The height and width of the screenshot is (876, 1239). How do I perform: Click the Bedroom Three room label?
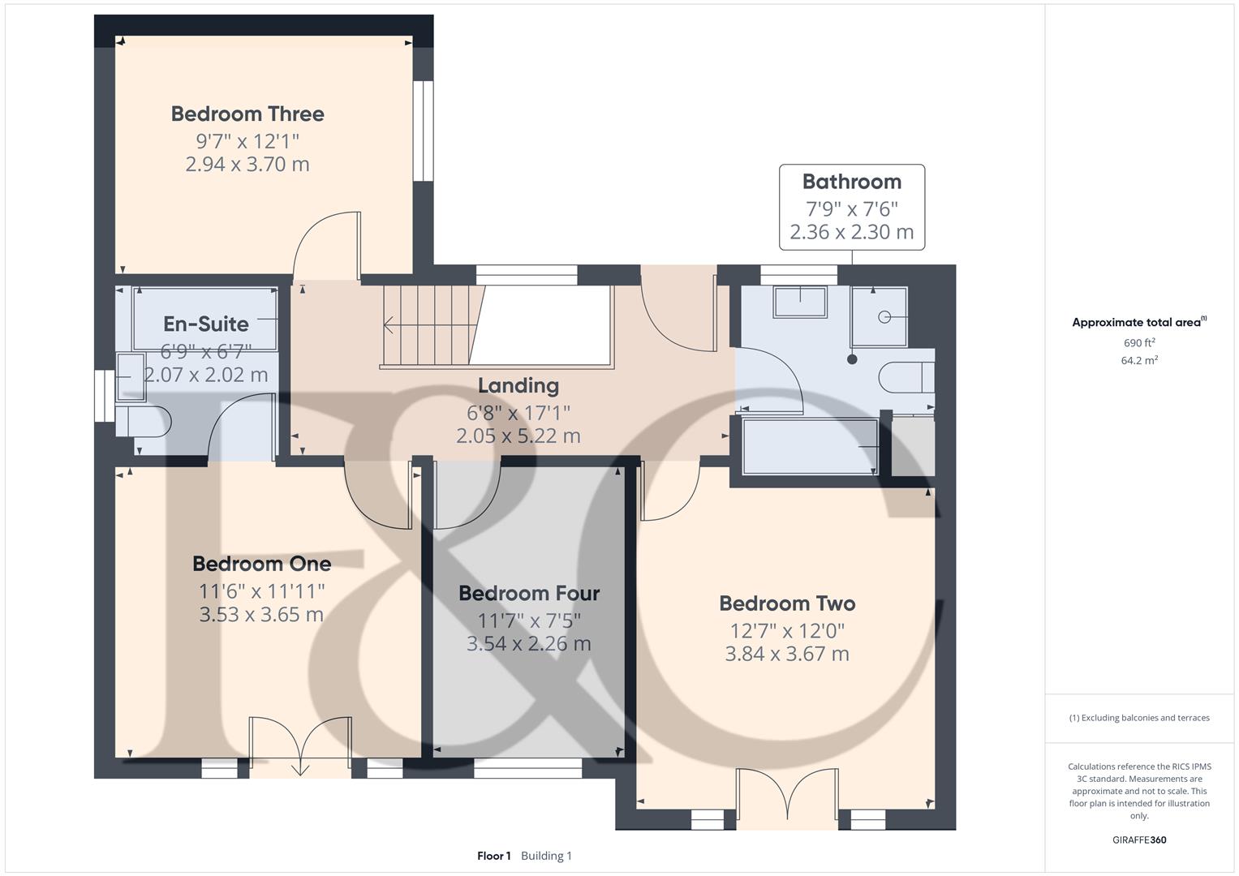click(247, 114)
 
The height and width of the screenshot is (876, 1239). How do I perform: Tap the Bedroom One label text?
click(261, 564)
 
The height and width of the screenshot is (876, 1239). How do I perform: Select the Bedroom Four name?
click(529, 594)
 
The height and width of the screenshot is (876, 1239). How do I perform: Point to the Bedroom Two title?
click(787, 603)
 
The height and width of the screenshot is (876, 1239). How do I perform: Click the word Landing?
click(518, 386)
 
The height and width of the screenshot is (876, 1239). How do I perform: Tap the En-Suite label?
click(206, 324)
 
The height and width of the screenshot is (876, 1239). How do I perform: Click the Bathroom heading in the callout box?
click(852, 182)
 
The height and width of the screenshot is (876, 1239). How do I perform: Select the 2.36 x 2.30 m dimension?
click(852, 232)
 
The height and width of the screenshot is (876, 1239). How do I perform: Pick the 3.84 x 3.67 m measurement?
click(787, 655)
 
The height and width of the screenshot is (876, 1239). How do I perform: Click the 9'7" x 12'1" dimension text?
click(247, 142)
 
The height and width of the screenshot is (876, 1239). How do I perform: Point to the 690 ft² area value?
click(1139, 342)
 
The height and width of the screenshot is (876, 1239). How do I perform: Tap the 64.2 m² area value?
click(1139, 360)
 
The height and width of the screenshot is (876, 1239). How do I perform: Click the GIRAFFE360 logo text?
click(1139, 839)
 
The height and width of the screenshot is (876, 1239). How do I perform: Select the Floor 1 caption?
click(494, 856)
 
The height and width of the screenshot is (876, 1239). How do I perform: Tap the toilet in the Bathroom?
click(906, 378)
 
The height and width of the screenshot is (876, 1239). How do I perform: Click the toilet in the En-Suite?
click(144, 422)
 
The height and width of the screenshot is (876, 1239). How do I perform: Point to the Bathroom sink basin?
click(800, 302)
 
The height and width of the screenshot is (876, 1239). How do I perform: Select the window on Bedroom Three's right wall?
click(423, 131)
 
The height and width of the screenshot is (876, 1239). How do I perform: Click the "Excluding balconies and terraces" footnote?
click(1139, 718)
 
